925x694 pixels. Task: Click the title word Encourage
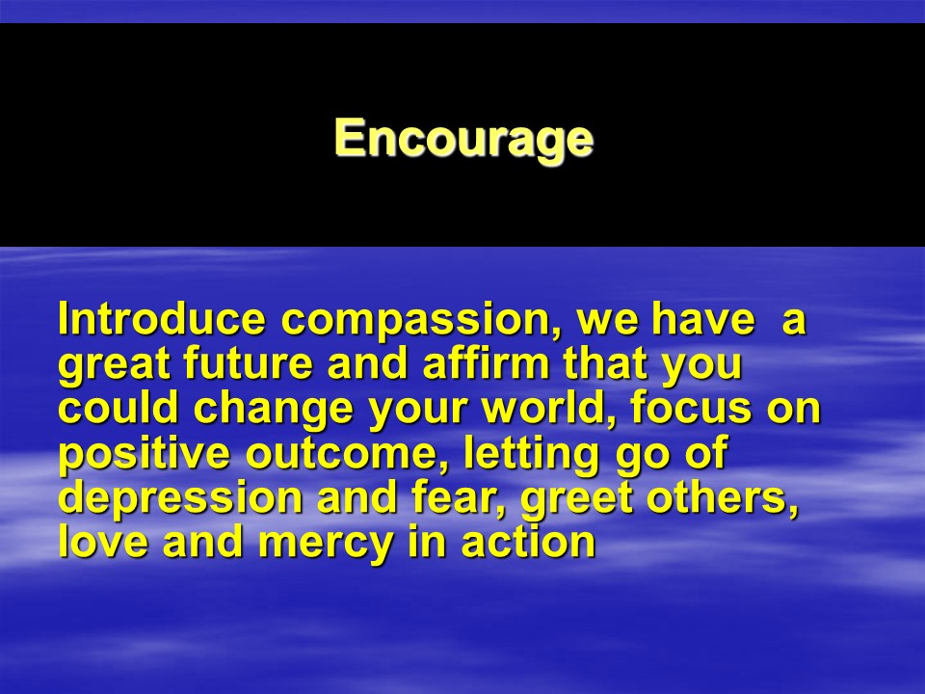point(463,138)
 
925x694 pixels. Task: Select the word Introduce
point(162,319)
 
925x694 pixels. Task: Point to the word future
point(248,362)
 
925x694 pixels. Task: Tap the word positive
point(144,454)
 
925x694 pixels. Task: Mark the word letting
point(531,454)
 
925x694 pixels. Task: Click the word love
point(104,542)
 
